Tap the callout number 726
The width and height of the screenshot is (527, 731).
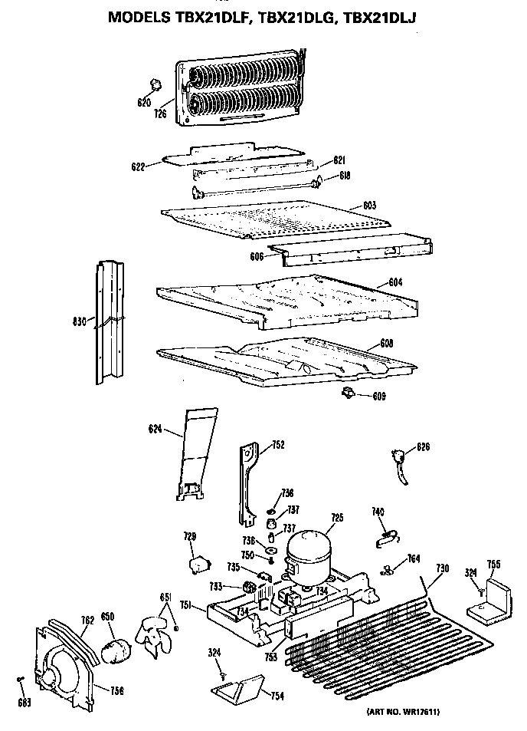pyautogui.click(x=160, y=114)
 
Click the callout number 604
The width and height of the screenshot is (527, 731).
pyautogui.click(x=395, y=283)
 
